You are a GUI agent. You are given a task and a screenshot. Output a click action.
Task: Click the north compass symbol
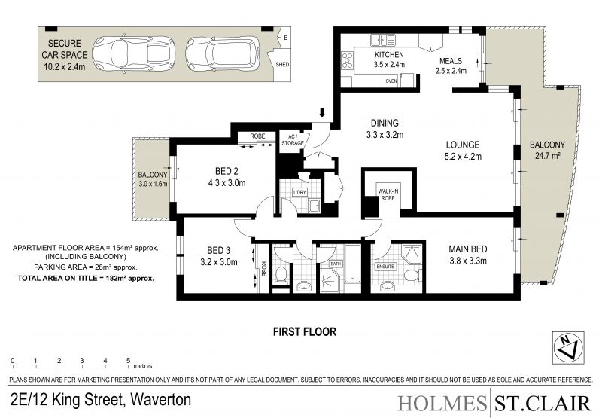(568, 347)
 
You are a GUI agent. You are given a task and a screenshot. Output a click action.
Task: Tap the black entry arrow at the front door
(322, 112)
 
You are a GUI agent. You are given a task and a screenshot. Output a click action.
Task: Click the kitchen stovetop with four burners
(348, 61)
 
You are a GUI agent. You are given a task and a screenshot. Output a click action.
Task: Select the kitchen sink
(382, 40)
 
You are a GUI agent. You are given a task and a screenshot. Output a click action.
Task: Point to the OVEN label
(391, 81)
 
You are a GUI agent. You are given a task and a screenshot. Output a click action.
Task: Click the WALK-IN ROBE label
(388, 194)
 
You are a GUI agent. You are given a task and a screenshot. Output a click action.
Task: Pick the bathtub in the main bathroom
(351, 264)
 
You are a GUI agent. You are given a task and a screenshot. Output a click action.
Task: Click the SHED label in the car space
(282, 64)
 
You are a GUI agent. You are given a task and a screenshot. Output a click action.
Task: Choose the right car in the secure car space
(223, 53)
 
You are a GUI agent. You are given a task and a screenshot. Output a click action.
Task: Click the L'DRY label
(299, 192)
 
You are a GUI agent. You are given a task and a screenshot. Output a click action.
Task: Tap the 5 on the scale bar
(128, 360)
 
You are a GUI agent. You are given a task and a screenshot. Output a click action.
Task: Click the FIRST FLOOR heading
(305, 331)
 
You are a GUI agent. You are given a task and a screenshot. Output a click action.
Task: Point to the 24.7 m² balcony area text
(547, 156)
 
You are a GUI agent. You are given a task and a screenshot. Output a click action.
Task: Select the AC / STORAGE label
(293, 140)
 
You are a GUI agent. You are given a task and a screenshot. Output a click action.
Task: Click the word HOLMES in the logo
(442, 404)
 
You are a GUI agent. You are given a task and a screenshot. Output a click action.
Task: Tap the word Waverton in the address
(161, 400)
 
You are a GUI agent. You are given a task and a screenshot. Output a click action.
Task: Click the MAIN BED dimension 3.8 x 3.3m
(468, 261)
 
